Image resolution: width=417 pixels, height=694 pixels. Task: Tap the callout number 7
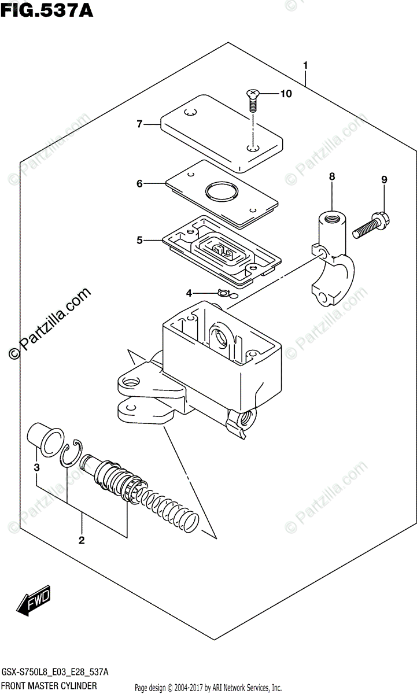pyautogui.click(x=139, y=124)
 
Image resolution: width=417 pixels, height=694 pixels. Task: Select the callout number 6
pyautogui.click(x=139, y=184)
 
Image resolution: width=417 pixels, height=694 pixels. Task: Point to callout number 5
pyautogui.click(x=139, y=239)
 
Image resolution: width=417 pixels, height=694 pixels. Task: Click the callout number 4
pyautogui.click(x=189, y=294)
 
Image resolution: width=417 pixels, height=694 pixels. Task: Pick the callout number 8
pyautogui.click(x=331, y=177)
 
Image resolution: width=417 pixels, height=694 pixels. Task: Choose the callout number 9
pyautogui.click(x=383, y=180)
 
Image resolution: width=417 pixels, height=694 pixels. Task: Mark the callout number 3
pyautogui.click(x=36, y=468)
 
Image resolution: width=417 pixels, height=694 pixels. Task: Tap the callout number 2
pyautogui.click(x=82, y=541)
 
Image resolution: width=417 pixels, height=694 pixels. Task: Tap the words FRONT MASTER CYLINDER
pyautogui.click(x=55, y=687)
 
